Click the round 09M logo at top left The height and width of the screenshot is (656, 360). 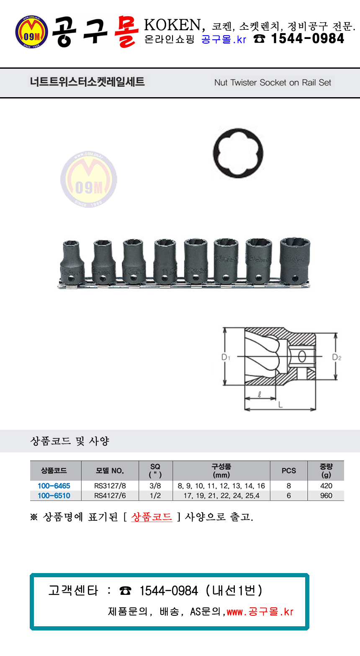pos(32,32)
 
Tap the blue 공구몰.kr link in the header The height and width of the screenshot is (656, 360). pos(224,39)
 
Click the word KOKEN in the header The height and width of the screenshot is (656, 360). pos(172,25)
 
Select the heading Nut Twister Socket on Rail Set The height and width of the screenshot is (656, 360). pos(273,83)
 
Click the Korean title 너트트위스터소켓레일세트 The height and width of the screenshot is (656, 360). pos(87,81)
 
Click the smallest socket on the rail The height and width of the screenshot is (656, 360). pos(71,262)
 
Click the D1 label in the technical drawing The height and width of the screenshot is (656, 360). pos(226,357)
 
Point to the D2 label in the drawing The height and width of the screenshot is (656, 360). pos(337,357)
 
